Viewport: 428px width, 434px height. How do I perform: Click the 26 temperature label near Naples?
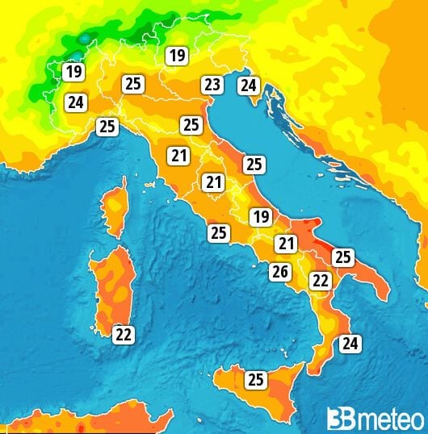[279, 272]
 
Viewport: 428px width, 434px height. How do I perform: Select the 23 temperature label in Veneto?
[212, 84]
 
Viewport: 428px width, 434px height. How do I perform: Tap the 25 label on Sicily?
[256, 379]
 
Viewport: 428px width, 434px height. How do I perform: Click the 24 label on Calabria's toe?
[349, 344]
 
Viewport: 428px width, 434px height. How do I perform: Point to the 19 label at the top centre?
[176, 56]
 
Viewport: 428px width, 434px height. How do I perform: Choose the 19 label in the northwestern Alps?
[74, 72]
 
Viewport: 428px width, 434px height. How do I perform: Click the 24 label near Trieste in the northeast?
[248, 85]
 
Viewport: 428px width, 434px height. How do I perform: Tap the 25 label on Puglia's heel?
[343, 257]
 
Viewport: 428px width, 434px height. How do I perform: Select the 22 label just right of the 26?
[320, 281]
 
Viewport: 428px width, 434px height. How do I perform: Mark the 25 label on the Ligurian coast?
[107, 126]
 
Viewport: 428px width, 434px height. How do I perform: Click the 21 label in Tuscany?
[178, 156]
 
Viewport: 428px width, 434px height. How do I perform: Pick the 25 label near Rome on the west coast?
[218, 233]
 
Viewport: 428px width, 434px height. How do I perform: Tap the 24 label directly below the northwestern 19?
[76, 102]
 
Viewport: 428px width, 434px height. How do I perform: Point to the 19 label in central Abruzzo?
[260, 216]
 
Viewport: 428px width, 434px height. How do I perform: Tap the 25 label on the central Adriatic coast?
[254, 165]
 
